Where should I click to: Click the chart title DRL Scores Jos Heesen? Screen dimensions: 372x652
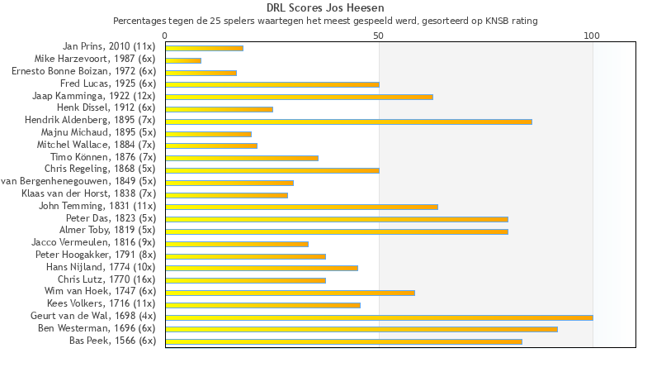point(325,8)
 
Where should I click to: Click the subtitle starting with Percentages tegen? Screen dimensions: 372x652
point(325,21)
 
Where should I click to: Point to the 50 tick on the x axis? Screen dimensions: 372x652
point(379,36)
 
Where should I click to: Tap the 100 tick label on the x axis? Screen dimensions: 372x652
point(592,36)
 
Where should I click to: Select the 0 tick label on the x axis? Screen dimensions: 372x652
point(165,36)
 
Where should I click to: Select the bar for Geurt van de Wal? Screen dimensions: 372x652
point(379,317)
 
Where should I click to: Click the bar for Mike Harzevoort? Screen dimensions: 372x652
point(183,60)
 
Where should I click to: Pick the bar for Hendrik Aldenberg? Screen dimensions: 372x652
point(348,122)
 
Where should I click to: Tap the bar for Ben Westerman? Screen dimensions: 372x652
point(361,329)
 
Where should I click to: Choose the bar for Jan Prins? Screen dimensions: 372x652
point(204,48)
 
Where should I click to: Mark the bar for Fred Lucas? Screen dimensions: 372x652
point(272,84)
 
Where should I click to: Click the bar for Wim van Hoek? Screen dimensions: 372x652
point(290,293)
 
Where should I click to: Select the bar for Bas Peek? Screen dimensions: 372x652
point(343,341)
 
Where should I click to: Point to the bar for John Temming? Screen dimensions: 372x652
point(301,207)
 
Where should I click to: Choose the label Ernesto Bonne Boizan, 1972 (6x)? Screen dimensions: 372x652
point(83,72)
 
